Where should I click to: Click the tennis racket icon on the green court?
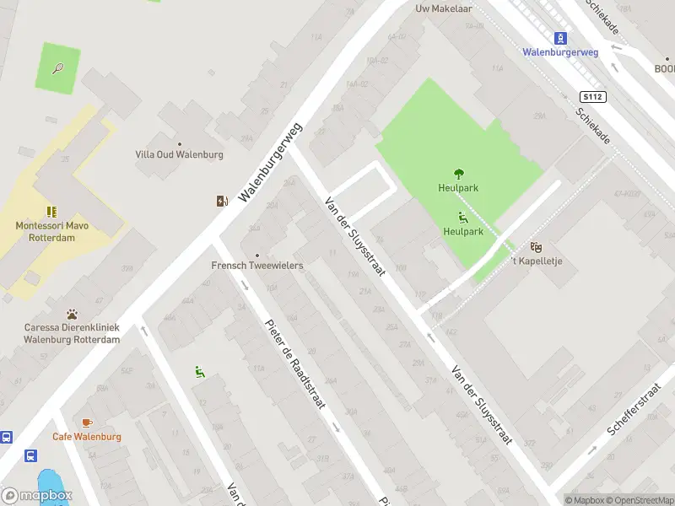[x=57, y=67]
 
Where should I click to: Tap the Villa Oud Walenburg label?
[x=179, y=154]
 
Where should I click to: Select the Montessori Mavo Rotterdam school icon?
[x=51, y=211]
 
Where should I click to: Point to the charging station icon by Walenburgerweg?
[x=222, y=201]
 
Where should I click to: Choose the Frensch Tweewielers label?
[x=257, y=265]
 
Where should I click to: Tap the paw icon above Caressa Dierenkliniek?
[x=73, y=313]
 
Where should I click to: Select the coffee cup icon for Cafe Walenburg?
[x=86, y=422]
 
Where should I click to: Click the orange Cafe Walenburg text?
[x=87, y=437]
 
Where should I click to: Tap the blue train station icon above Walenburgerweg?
[x=560, y=37]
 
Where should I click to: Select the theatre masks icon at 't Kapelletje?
[x=536, y=246]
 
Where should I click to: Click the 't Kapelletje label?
[x=537, y=261]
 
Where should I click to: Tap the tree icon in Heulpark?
[x=459, y=174]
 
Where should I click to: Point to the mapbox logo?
[x=37, y=496]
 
